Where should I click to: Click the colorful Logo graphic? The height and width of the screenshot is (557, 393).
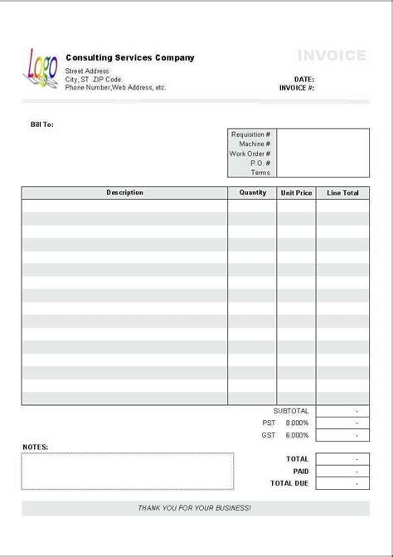[41, 66]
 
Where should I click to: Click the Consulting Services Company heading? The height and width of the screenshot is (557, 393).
[129, 58]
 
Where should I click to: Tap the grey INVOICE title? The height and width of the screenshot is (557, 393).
[332, 56]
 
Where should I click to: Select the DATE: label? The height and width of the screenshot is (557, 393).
[303, 80]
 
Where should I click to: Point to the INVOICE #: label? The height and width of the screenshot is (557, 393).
[297, 88]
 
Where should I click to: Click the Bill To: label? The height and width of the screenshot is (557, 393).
[42, 125]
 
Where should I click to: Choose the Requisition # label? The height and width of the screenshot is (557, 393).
[250, 134]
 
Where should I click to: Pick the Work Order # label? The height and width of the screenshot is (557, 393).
[250, 154]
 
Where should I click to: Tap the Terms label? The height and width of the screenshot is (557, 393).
[260, 173]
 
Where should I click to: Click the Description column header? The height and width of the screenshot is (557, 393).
[124, 193]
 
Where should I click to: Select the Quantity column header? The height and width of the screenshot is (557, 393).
[253, 193]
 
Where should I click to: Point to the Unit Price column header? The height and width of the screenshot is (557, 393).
[296, 193]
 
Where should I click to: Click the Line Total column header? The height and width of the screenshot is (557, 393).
[342, 193]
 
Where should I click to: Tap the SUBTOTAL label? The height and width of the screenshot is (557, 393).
[291, 411]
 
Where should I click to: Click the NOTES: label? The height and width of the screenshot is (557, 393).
[36, 447]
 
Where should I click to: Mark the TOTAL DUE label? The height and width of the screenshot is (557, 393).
[289, 483]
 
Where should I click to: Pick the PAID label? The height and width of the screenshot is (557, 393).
[299, 471]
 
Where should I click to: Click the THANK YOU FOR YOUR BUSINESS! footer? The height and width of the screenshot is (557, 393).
[195, 508]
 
